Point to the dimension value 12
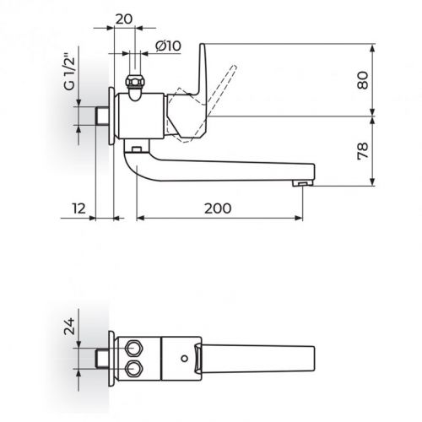click(x=78, y=208)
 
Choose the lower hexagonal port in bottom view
click(x=133, y=366)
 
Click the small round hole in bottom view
click(x=183, y=358)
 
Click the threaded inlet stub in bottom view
click(x=102, y=358)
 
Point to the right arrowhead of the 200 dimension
click(x=297, y=219)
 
